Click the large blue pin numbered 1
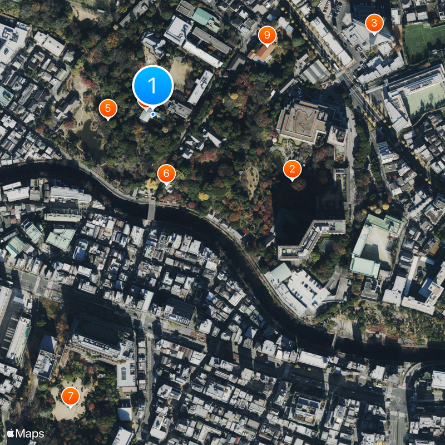tap(153, 86)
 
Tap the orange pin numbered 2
tap(292, 169)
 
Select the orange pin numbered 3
tap(374, 23)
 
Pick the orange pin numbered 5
tap(108, 108)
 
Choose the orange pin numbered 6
tap(166, 174)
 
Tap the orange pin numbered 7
tap(70, 396)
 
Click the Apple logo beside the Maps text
tap(11, 433)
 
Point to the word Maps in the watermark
tap(31, 433)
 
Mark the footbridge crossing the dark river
tap(151, 210)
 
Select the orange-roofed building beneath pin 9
tap(263, 53)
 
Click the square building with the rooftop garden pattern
tap(302, 121)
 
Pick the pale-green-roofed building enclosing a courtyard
tap(377, 245)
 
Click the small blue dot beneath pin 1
tap(153, 115)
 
